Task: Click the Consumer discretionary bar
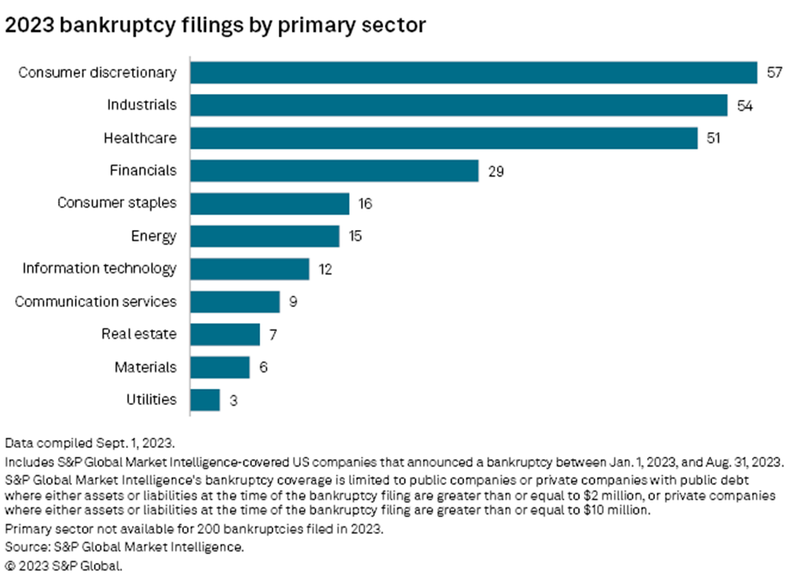[x=474, y=73]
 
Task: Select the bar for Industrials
[x=459, y=105]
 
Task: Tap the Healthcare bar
[x=444, y=138]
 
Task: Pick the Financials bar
[x=335, y=171]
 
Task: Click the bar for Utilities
[x=205, y=400]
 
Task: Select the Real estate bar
[x=225, y=335]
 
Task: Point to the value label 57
[x=775, y=73]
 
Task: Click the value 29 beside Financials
[x=496, y=172]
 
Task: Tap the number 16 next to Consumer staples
[x=365, y=203]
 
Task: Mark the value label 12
[x=325, y=270]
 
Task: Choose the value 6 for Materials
[x=263, y=367]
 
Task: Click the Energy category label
[x=153, y=236]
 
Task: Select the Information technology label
[x=99, y=269]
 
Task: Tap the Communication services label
[x=96, y=302]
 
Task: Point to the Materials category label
[x=146, y=367]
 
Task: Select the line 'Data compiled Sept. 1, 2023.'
[x=90, y=443]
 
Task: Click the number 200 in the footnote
[x=208, y=529]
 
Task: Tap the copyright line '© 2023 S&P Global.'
[x=64, y=566]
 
